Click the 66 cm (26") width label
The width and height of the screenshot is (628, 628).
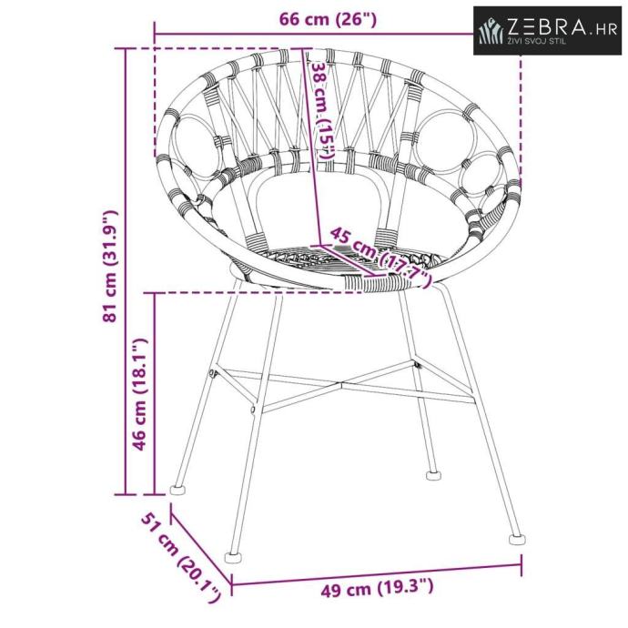pos(328,19)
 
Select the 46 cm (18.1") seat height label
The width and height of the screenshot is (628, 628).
pos(140,394)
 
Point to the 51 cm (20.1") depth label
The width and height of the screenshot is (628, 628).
pos(181,557)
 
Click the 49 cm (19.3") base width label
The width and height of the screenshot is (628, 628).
pos(377,587)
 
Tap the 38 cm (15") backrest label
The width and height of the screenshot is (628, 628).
pos(321,111)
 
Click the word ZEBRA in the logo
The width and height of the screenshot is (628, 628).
pos(547,27)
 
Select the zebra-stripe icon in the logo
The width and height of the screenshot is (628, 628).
pos(491,30)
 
